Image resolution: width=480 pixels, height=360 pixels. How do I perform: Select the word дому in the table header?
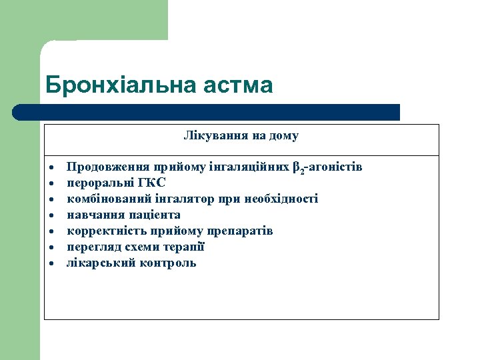pos(284,136)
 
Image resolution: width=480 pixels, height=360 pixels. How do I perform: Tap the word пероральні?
pos(99,183)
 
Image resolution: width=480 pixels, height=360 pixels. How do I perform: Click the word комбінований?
pos(103,199)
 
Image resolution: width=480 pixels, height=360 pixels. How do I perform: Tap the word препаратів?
pos(239,231)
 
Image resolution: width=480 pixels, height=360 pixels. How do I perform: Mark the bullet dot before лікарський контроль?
pos(51,264)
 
